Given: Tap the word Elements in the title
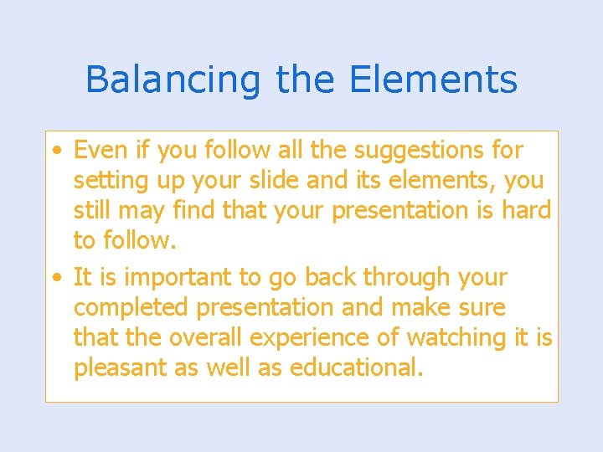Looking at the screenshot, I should click(433, 80).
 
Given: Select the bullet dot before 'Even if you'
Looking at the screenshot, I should click(55, 152).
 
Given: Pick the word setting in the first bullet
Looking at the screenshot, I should click(104, 182).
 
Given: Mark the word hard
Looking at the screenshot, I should click(526, 211).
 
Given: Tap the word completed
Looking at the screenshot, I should click(131, 308).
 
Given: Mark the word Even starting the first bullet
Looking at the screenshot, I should click(98, 151).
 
